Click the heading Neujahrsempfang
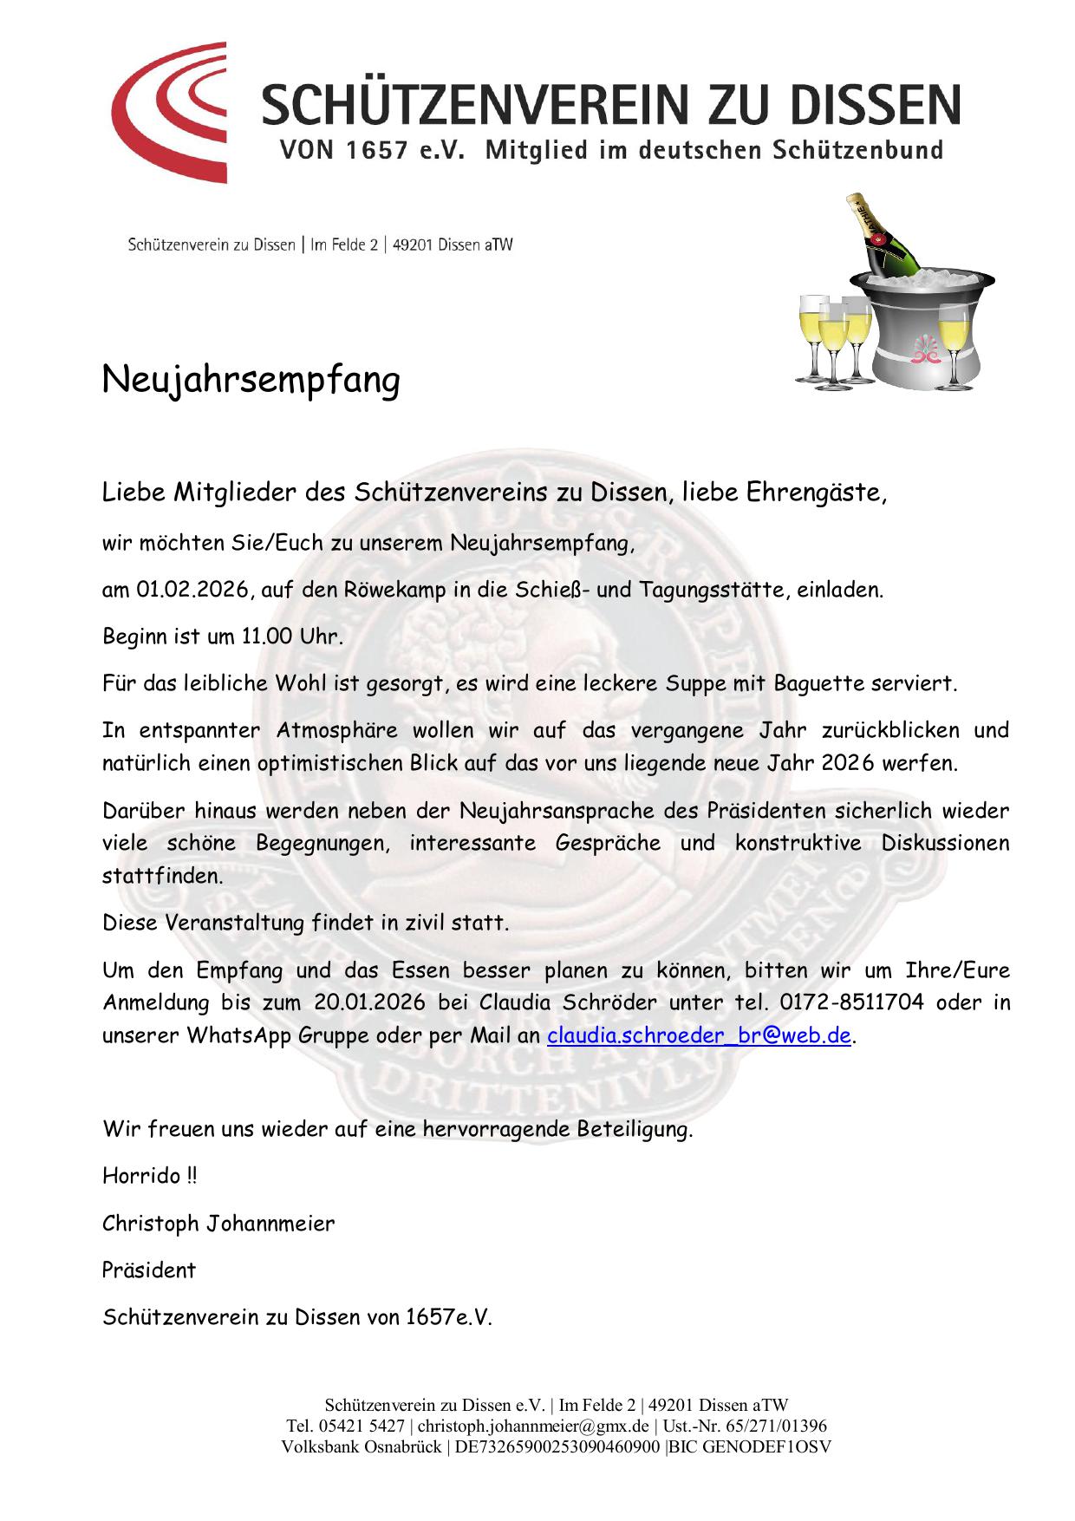tap(251, 380)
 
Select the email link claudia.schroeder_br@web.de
tap(698, 1035)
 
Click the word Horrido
tap(141, 1177)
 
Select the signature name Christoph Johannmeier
tap(218, 1224)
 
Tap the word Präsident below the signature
tap(149, 1270)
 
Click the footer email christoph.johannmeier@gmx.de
tap(533, 1426)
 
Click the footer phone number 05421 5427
tap(362, 1426)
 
